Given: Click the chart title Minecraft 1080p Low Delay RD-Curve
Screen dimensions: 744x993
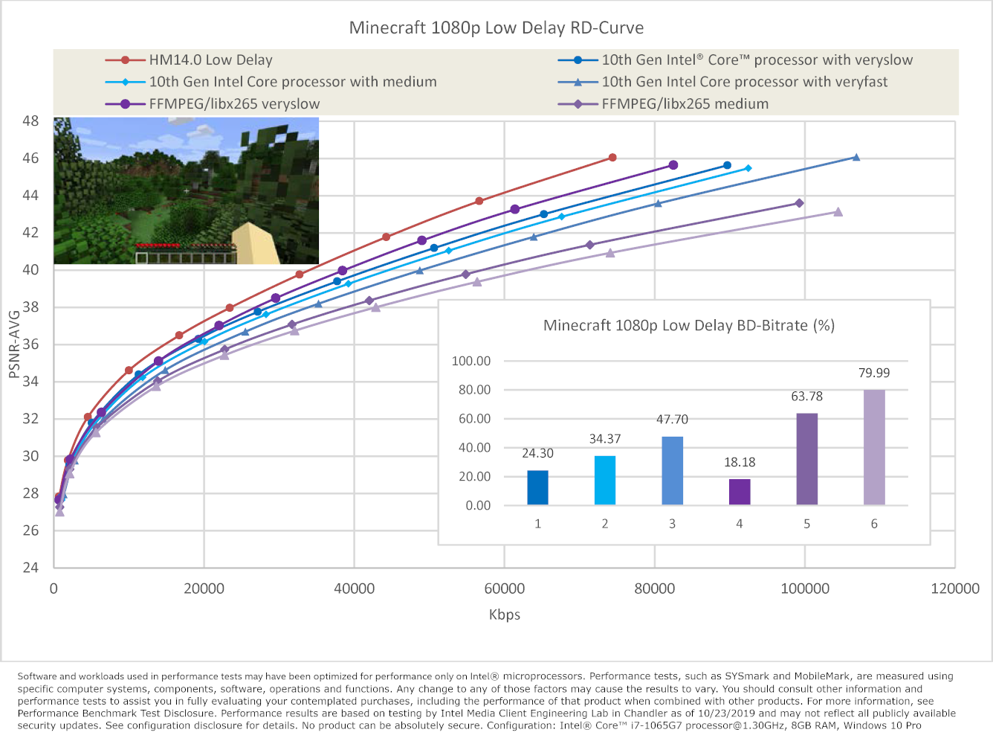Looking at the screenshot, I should click(496, 28).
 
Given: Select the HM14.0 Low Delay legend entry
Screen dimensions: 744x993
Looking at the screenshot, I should click(210, 60).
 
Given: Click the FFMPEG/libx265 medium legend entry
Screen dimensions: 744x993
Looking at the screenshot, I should click(685, 104).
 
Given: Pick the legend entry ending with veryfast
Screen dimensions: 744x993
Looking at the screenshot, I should click(744, 82).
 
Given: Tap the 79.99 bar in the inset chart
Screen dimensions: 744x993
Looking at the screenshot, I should click(874, 447).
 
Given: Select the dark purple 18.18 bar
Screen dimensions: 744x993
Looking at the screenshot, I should click(740, 492).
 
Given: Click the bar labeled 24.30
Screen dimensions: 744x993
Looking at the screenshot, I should click(537, 488).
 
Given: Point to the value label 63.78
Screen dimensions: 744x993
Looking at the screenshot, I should click(806, 397).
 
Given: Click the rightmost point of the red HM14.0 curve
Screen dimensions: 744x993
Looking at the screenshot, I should click(612, 158).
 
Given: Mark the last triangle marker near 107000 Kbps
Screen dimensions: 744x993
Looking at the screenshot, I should click(856, 157).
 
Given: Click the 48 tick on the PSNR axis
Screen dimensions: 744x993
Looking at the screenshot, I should click(30, 121).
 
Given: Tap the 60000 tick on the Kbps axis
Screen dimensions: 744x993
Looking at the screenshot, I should click(504, 589).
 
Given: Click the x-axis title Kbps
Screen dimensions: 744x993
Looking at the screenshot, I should click(504, 615).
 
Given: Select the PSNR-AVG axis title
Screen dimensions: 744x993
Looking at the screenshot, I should click(13, 344).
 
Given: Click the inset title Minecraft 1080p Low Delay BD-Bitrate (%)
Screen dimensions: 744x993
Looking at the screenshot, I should click(688, 325).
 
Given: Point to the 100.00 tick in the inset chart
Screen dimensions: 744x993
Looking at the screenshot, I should click(471, 361).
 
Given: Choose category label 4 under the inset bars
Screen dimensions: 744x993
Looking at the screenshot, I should click(740, 524).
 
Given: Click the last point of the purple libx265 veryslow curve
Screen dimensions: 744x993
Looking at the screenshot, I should click(673, 165).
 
